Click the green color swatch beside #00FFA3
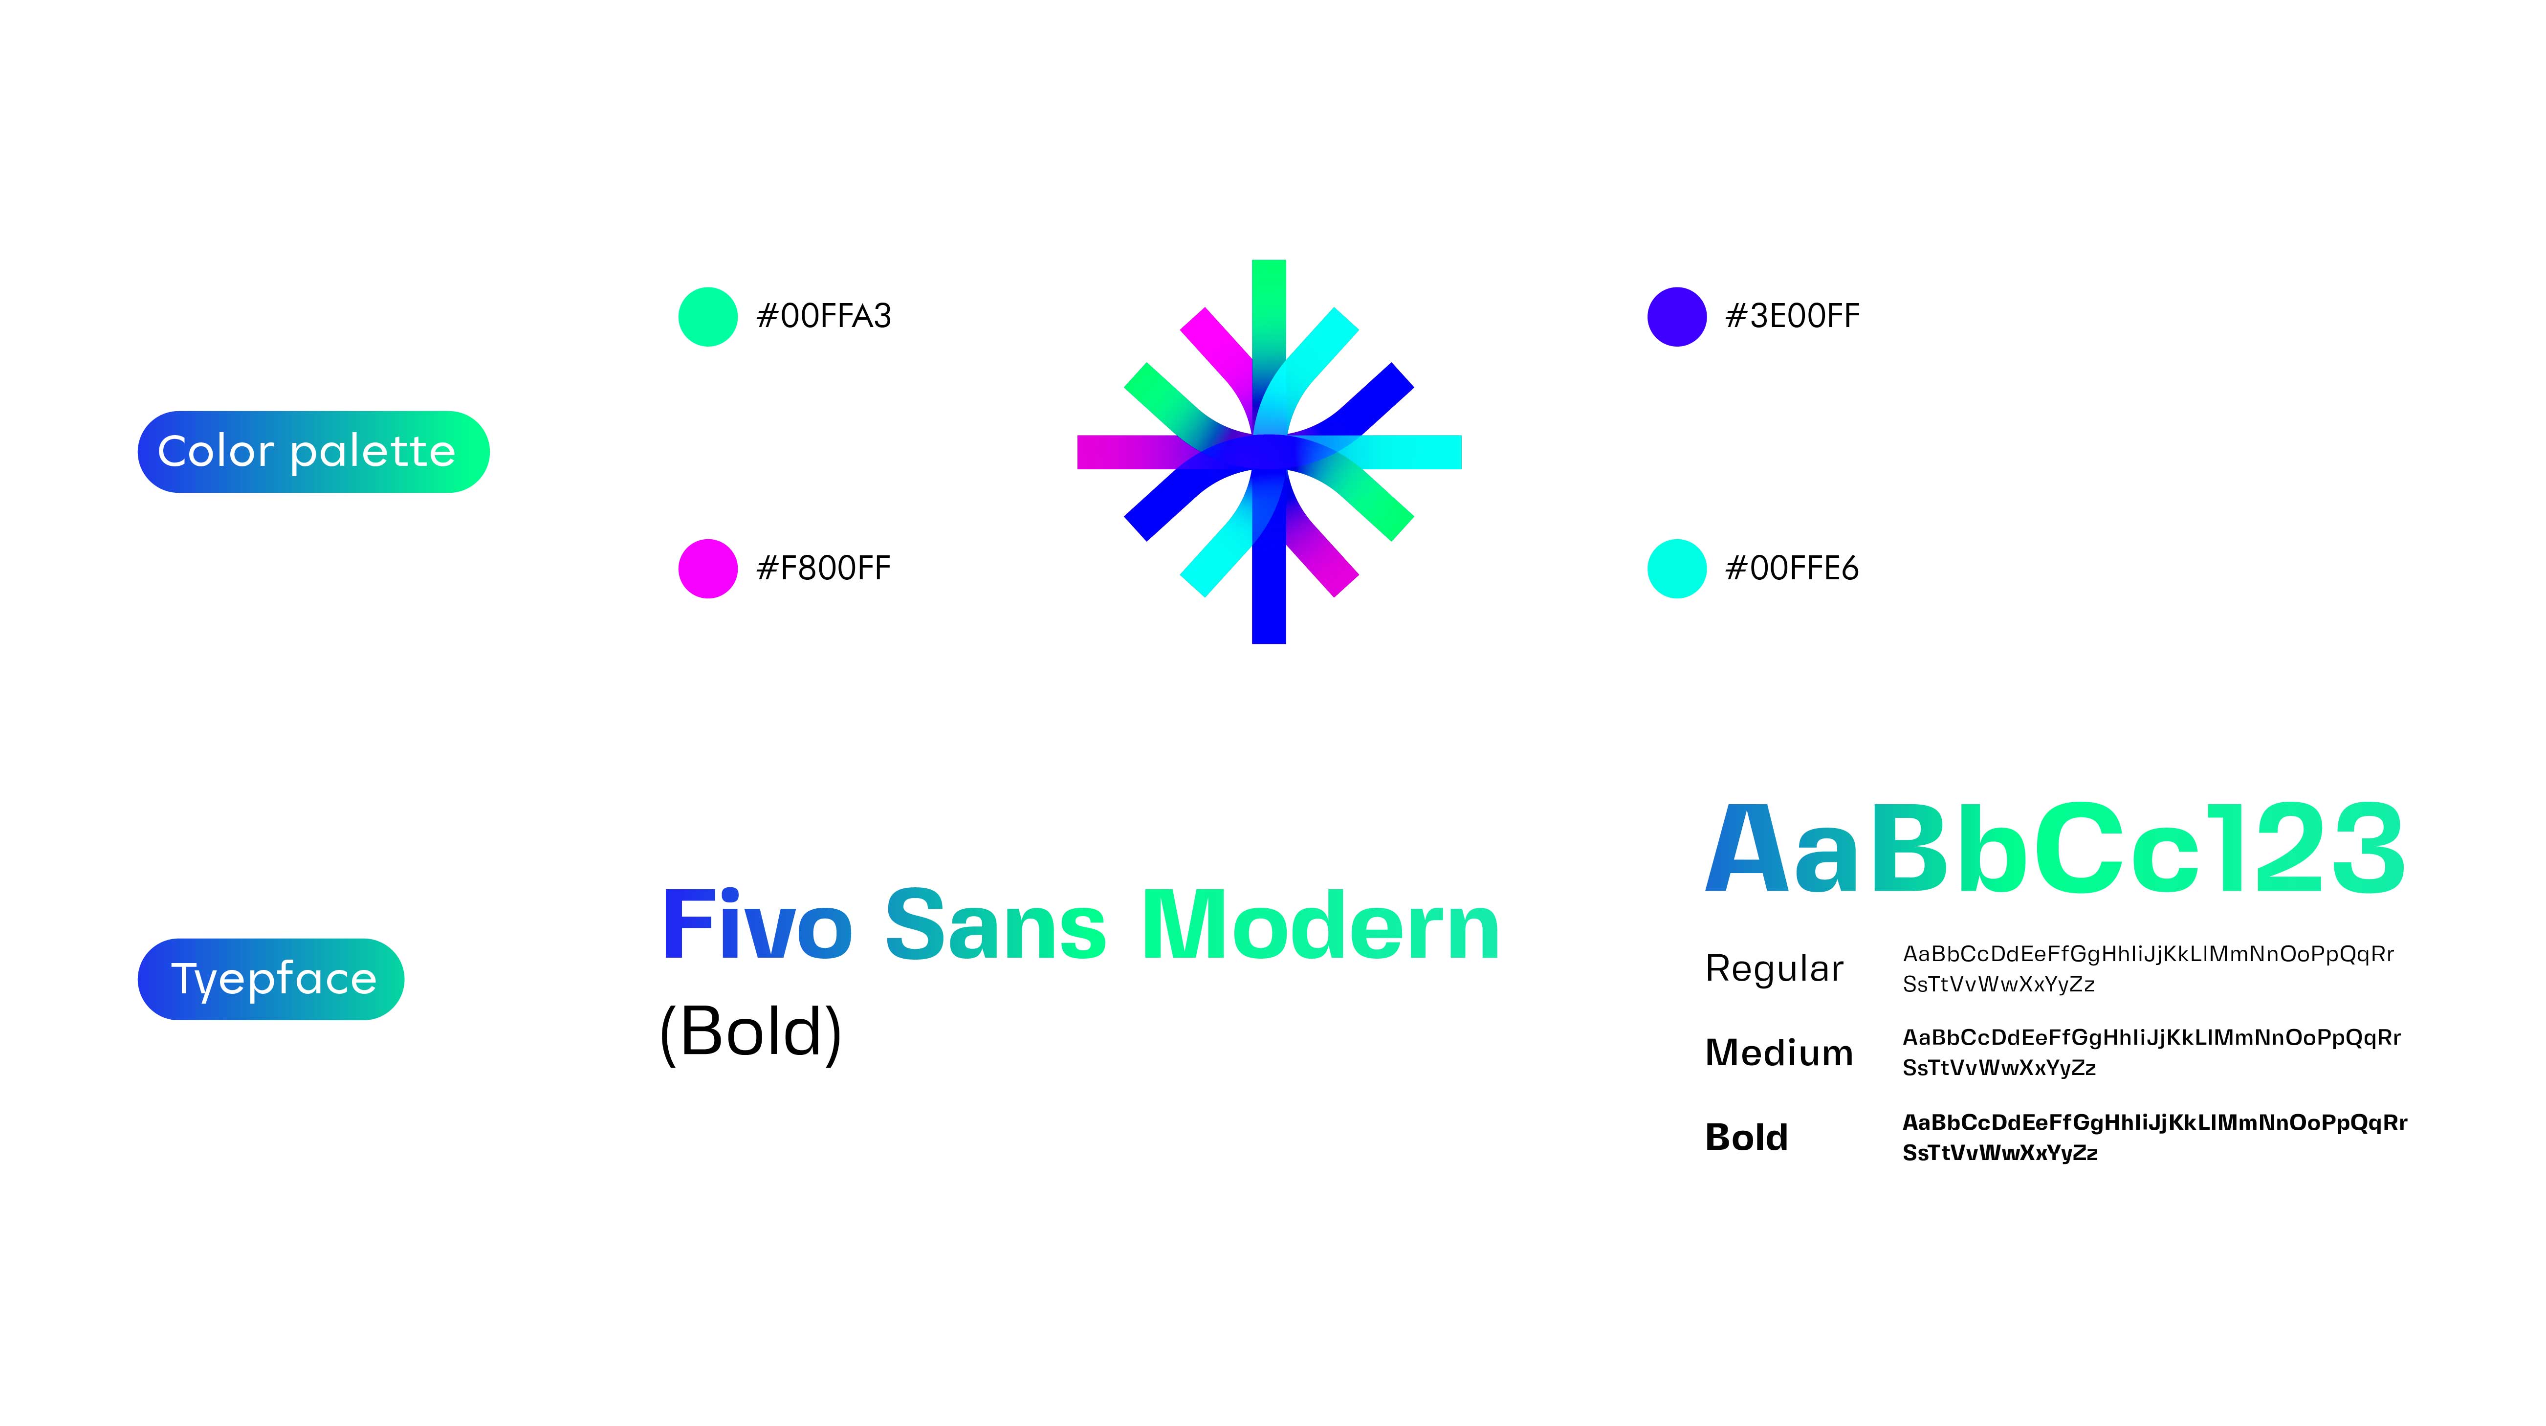(708, 316)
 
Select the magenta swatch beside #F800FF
(708, 568)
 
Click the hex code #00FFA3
(823, 316)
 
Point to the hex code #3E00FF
(1792, 316)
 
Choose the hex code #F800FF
(823, 568)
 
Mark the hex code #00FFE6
(1792, 568)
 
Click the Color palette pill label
(313, 452)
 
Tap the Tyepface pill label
(271, 979)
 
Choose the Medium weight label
(1779, 1053)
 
